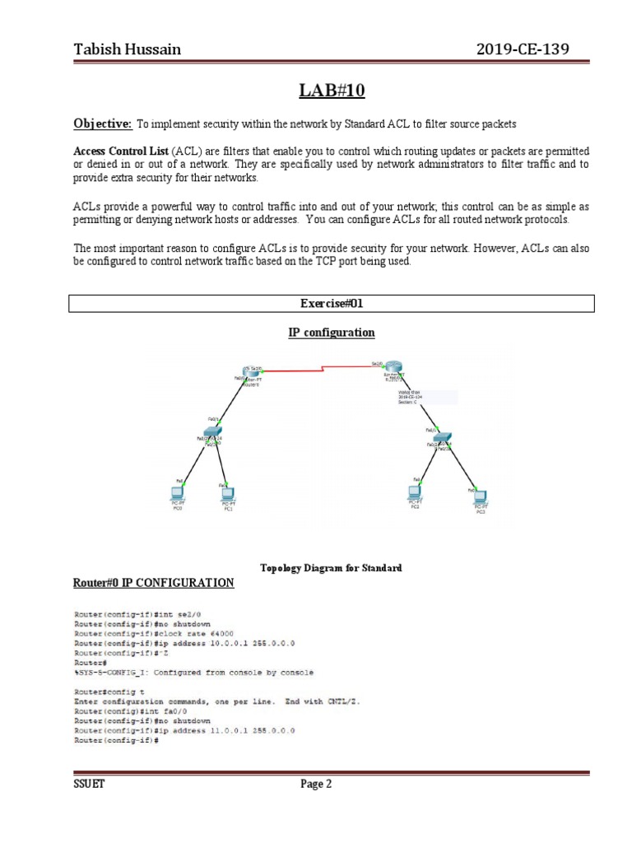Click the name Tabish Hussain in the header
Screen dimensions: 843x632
click(x=128, y=50)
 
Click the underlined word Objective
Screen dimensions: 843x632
click(x=103, y=123)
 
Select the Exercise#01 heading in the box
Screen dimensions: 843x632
click(x=331, y=304)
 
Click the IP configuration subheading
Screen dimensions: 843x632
click(x=331, y=333)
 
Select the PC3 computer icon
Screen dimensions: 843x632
click(x=480, y=497)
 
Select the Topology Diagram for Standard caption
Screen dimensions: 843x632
click(x=331, y=569)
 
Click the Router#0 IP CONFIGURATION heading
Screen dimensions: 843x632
click(x=154, y=583)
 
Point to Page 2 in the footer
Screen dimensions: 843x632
click(x=316, y=785)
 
